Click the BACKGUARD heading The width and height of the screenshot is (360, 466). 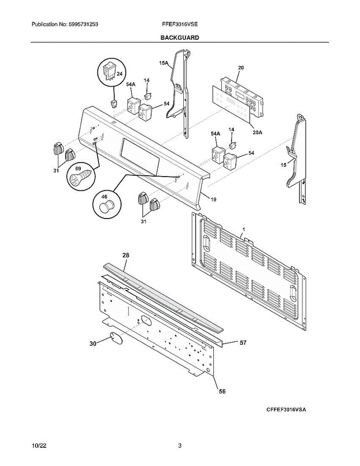180,38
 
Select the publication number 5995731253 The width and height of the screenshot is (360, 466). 82,24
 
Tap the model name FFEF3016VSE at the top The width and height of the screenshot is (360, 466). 180,24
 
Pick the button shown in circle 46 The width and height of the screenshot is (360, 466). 106,206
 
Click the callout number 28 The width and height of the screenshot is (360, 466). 126,255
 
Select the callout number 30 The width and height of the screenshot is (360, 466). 93,343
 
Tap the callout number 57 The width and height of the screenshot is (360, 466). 243,343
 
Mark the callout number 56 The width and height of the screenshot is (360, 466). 222,391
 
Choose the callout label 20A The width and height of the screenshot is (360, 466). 257,132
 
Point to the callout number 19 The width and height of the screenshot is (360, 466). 213,199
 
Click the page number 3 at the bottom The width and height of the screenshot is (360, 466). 180,446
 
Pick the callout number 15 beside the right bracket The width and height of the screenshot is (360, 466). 283,165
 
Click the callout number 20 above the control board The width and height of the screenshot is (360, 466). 241,68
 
